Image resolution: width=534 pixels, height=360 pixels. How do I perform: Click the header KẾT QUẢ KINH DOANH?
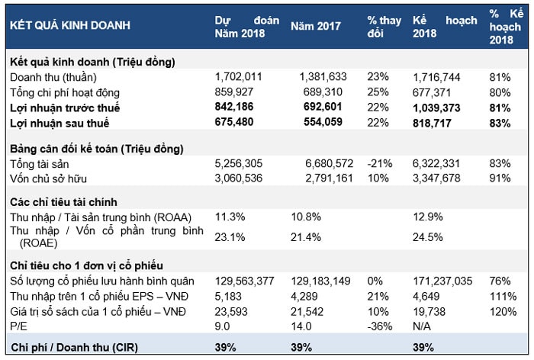coord(69,25)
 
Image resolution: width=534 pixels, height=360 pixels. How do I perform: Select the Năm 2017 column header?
coord(316,25)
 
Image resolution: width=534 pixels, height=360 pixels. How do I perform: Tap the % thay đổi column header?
coord(384,26)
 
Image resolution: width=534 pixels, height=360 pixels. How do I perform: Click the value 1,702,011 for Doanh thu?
coord(240,78)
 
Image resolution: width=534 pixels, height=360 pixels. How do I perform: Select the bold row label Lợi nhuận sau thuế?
coord(60,123)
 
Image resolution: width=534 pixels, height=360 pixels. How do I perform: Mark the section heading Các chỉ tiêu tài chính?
coord(63,202)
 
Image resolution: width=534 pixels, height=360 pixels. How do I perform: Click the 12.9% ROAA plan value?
coord(427,217)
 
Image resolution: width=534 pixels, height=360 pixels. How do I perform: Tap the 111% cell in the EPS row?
coord(499,295)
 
